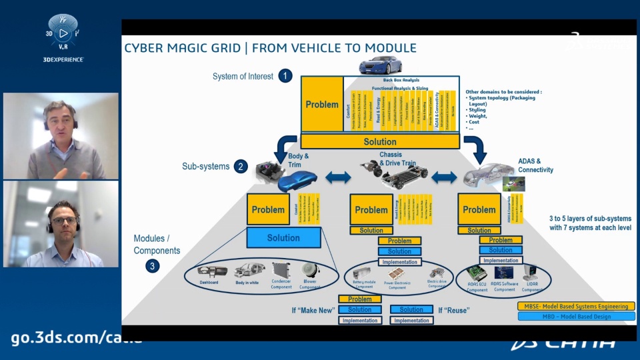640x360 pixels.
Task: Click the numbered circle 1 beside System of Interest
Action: (x=285, y=75)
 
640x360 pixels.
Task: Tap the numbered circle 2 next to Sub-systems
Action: (x=241, y=167)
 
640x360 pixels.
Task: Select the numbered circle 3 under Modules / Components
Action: (x=153, y=266)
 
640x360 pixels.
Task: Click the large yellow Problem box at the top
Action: (x=322, y=104)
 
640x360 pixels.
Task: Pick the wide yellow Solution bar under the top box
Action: (x=380, y=141)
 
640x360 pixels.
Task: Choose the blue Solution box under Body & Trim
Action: (x=283, y=237)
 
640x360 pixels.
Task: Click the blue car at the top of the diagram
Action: (x=381, y=65)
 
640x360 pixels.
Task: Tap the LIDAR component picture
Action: (x=531, y=272)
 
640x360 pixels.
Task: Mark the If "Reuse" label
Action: (x=453, y=310)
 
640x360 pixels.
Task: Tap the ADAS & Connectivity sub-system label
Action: (x=535, y=165)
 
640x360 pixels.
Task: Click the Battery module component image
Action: (x=365, y=273)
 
